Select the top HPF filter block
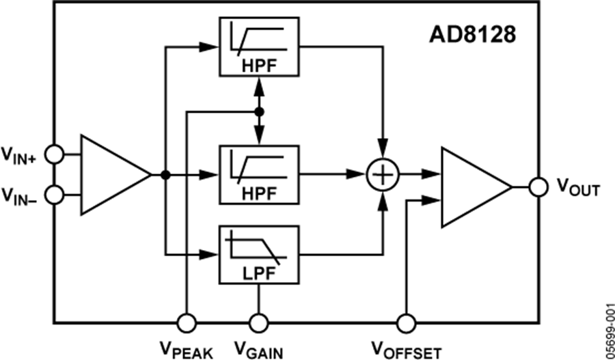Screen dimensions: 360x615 [x=259, y=47]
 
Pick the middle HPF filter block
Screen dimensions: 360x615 [x=259, y=174]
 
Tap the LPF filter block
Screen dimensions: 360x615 [x=259, y=255]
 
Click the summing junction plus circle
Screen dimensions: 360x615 [x=383, y=175]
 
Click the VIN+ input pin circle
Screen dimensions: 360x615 [x=55, y=155]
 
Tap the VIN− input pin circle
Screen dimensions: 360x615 [x=55, y=195]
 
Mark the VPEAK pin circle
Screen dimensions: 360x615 [x=185, y=322]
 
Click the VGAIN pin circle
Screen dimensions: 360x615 [x=259, y=322]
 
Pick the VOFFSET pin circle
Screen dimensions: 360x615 [x=407, y=322]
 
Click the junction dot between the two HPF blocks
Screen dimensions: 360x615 [x=259, y=110]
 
